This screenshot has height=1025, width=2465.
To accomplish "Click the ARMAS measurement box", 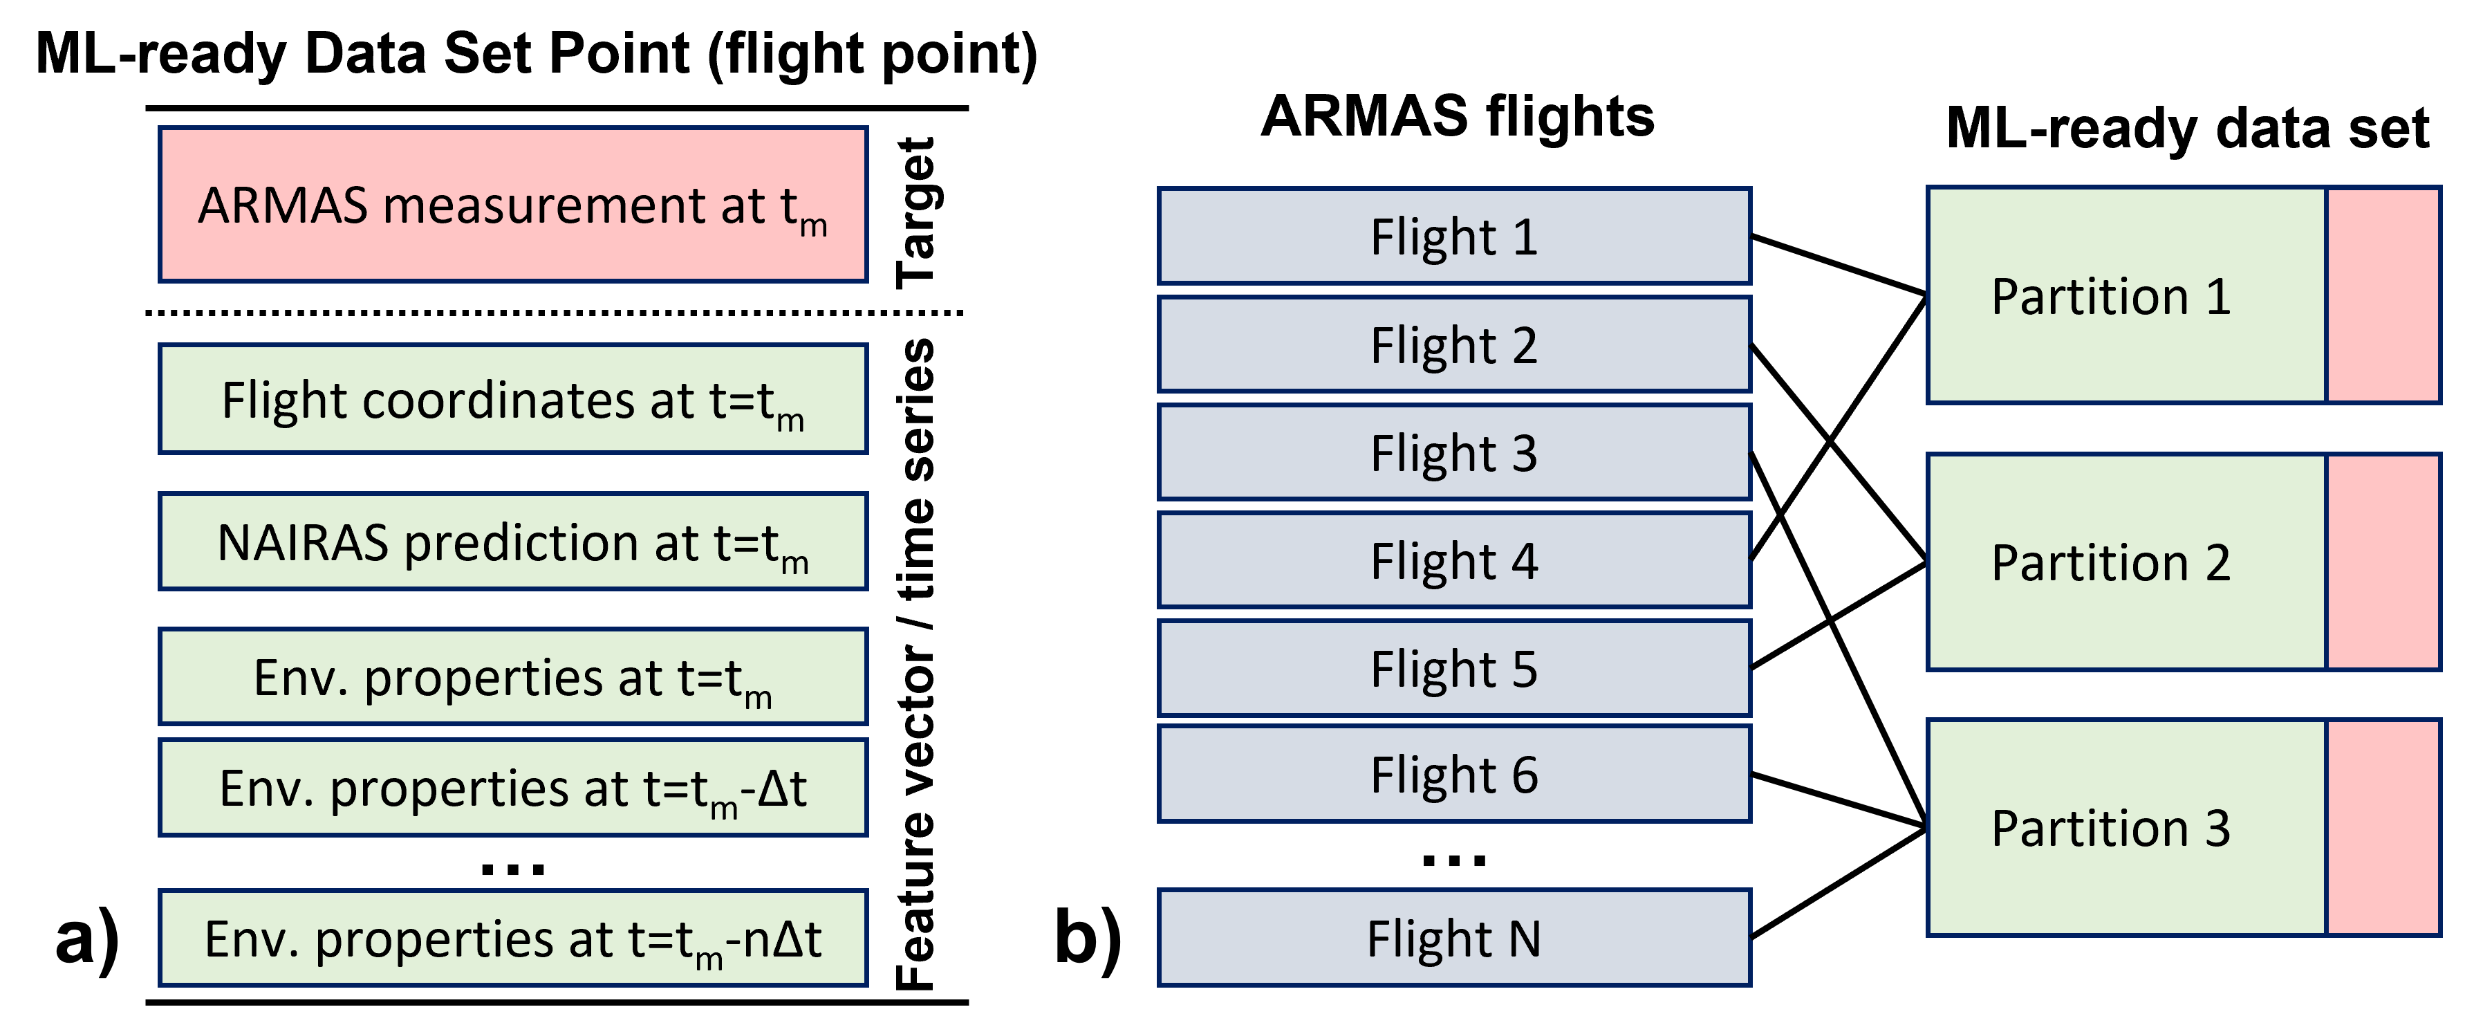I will pos(513,205).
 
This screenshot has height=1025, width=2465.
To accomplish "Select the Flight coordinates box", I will pos(513,399).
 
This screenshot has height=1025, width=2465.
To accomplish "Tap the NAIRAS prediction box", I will pos(513,542).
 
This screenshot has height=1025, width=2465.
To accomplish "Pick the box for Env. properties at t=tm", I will pos(513,676).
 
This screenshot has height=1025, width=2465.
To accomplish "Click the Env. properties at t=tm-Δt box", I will pos(513,788).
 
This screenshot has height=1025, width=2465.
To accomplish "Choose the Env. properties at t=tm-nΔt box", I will pos(513,938).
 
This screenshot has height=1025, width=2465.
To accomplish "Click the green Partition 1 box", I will pos(2126,296).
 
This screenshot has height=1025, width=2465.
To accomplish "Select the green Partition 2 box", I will pos(2126,562).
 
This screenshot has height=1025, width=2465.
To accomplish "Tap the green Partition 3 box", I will pos(2126,828).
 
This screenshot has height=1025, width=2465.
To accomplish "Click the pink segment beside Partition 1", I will pos(2383,296).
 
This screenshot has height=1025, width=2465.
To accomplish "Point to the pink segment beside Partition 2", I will pos(2383,562).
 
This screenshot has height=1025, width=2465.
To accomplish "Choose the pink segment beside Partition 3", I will pos(2383,828).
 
